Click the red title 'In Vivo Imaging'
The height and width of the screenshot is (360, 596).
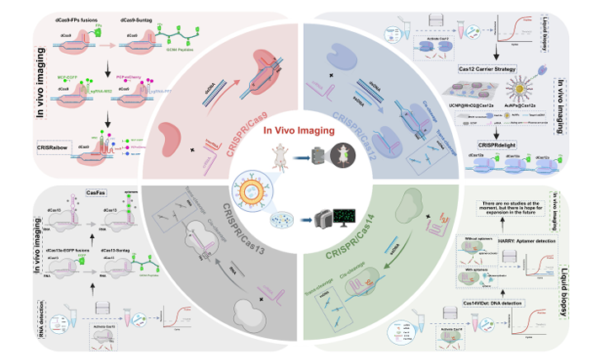[x=298, y=131]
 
